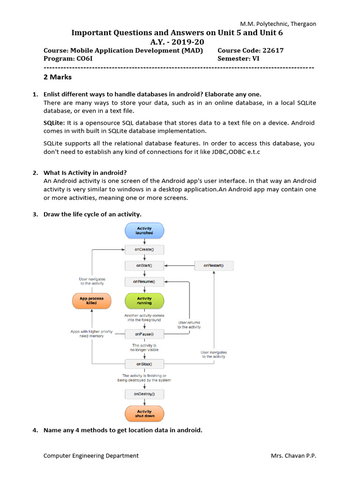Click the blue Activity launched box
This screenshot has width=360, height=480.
[144, 231]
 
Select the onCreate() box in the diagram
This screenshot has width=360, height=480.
[144, 249]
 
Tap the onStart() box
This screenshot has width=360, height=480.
[144, 266]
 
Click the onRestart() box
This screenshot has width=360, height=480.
[214, 266]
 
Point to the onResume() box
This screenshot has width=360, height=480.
[144, 282]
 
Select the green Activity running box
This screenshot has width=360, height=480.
[144, 300]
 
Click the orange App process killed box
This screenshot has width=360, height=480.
[91, 300]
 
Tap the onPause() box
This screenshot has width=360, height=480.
[144, 334]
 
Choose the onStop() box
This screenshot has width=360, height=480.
[144, 364]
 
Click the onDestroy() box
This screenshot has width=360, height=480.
[144, 394]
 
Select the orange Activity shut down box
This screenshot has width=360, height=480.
[144, 413]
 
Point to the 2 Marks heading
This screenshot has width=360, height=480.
[58, 77]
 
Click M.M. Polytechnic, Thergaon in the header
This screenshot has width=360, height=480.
[278, 23]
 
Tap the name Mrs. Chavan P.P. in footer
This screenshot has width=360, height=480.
[293, 456]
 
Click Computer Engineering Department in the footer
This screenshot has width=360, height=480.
[91, 456]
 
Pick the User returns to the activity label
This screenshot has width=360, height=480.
[189, 324]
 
